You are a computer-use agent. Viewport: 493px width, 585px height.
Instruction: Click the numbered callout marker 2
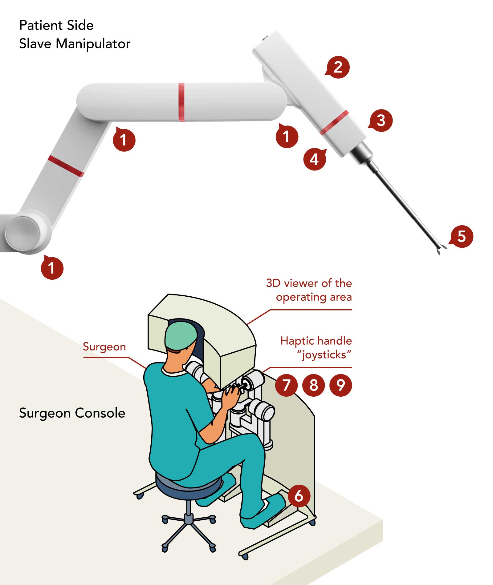(x=338, y=67)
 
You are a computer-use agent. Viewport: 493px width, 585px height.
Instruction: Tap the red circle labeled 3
(x=381, y=120)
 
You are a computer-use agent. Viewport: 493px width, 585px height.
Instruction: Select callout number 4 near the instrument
(x=314, y=159)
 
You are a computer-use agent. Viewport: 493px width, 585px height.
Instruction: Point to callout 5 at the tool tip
(x=462, y=236)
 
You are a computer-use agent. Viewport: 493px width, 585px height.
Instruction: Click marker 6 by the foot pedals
(x=299, y=496)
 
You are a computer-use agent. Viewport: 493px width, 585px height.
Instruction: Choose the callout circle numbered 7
(x=286, y=385)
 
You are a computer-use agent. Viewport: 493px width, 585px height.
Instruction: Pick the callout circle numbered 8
(x=313, y=385)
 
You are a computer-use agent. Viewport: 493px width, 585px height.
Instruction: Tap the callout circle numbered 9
(x=340, y=385)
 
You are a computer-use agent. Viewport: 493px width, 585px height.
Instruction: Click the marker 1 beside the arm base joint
(x=52, y=268)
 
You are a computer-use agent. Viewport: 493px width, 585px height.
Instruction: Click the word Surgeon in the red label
(x=104, y=347)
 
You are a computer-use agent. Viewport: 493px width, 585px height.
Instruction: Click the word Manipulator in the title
(x=93, y=44)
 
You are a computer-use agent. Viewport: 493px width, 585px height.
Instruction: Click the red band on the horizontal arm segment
(x=181, y=102)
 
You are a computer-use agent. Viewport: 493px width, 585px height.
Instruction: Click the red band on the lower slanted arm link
(x=66, y=166)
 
